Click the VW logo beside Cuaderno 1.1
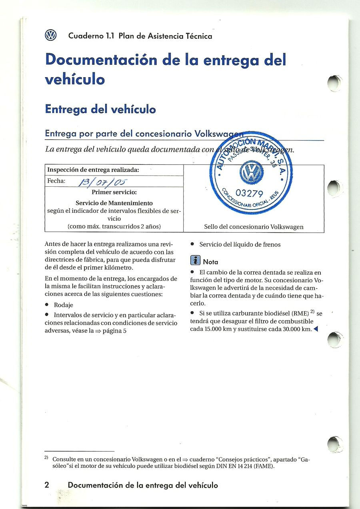click(50, 36)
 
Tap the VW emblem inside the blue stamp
click(252, 173)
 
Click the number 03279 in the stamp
click(250, 194)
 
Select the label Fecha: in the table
click(56, 181)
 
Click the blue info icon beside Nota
click(195, 261)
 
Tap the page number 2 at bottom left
click(47, 485)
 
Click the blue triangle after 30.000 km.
click(316, 329)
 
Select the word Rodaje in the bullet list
click(63, 305)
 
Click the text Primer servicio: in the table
click(114, 192)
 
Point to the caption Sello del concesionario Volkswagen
click(254, 227)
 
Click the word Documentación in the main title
click(101, 60)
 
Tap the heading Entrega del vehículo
click(100, 109)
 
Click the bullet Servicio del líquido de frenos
click(240, 244)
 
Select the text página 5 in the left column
click(114, 331)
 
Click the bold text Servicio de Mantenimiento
click(114, 203)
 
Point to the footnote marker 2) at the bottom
click(46, 457)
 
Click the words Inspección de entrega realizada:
click(93, 170)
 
